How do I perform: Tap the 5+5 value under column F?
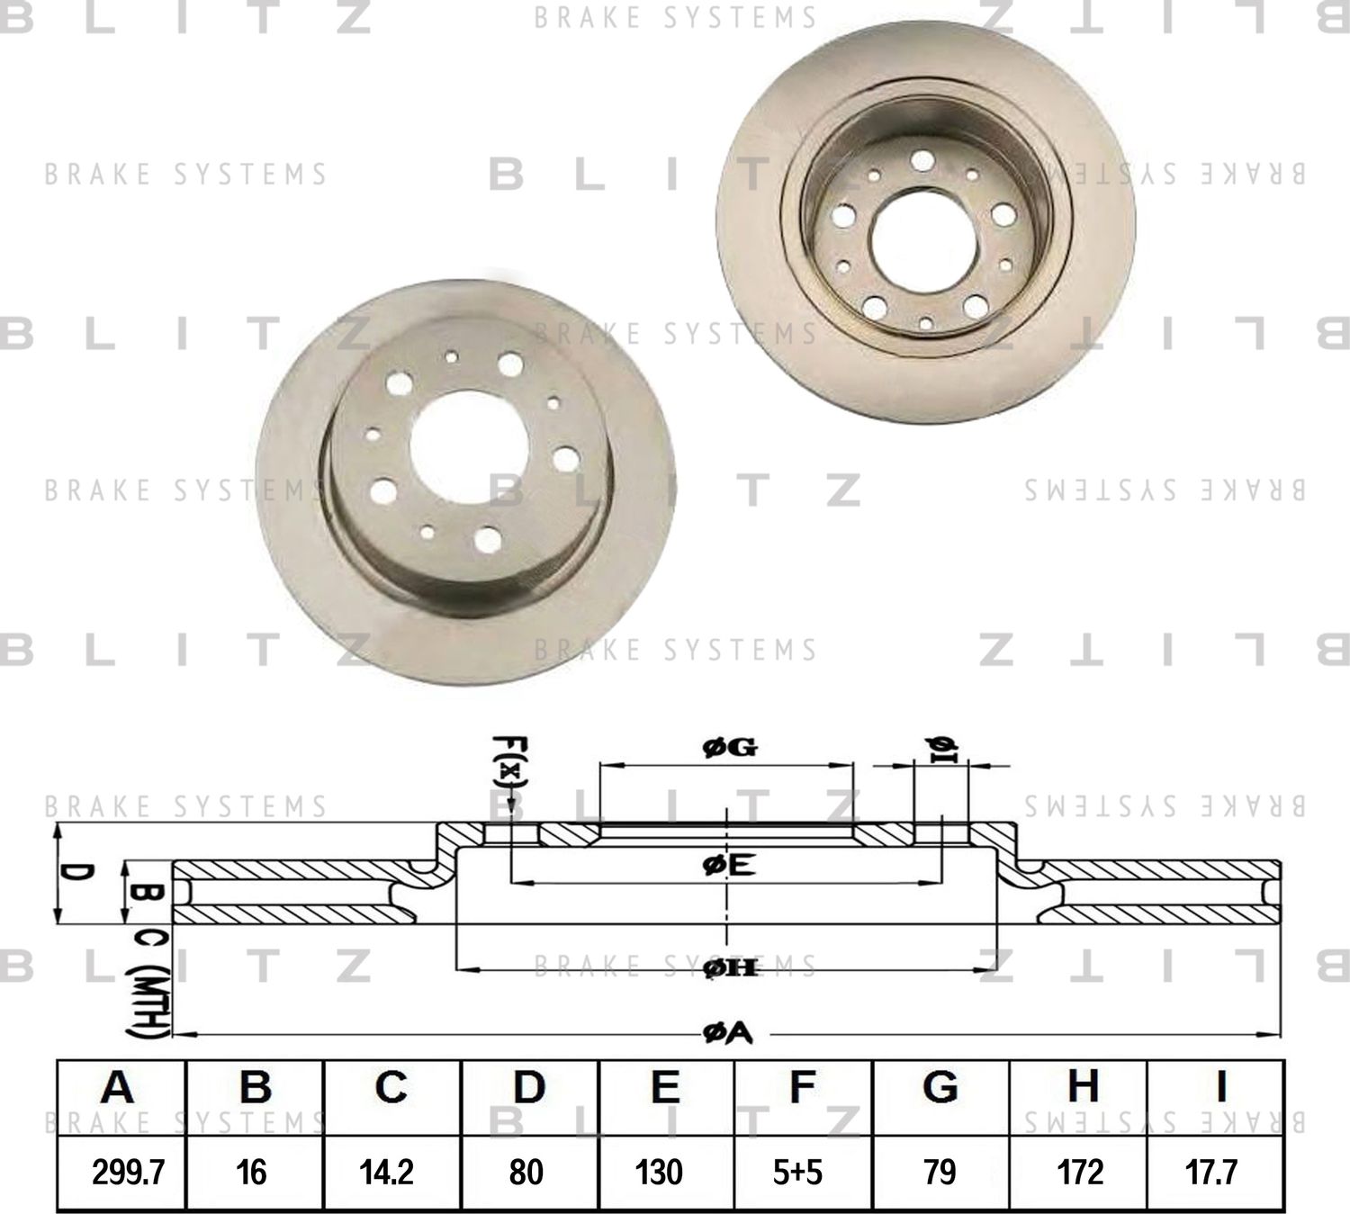pyautogui.click(x=797, y=1172)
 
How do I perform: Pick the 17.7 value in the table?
pyautogui.click(x=1211, y=1172)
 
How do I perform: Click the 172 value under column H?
pyautogui.click(x=1079, y=1172)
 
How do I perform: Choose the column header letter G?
pyautogui.click(x=940, y=1087)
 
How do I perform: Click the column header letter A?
pyautogui.click(x=117, y=1087)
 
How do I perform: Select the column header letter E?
pyautogui.click(x=664, y=1087)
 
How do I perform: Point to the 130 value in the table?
pyautogui.click(x=659, y=1172)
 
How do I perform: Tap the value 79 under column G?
pyautogui.click(x=940, y=1172)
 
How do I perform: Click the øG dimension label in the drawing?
pyautogui.click(x=728, y=747)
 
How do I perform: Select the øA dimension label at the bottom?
pyautogui.click(x=727, y=1035)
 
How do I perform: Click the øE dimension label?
pyautogui.click(x=727, y=866)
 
